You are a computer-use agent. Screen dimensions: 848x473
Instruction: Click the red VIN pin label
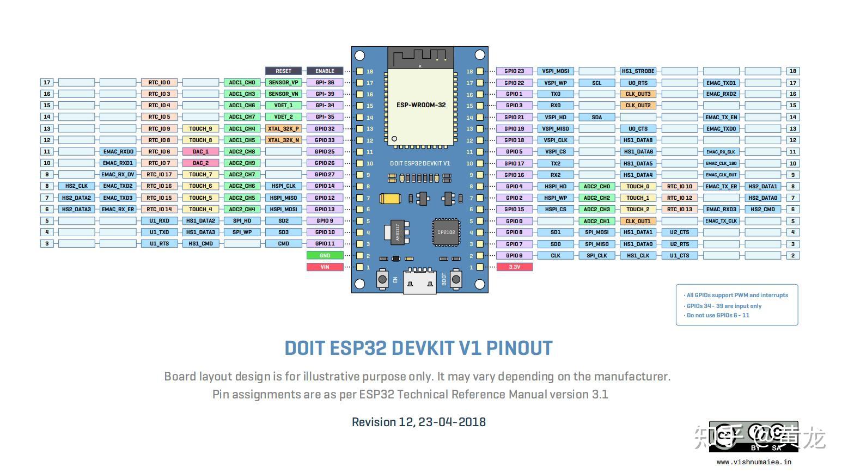pyautogui.click(x=325, y=267)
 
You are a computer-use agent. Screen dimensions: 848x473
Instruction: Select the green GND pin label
pyautogui.click(x=325, y=255)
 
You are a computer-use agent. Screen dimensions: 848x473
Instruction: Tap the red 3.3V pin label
pyautogui.click(x=514, y=267)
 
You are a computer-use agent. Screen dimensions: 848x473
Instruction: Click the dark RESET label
pyautogui.click(x=283, y=71)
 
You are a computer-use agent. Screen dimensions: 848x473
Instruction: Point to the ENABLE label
pyautogui.click(x=325, y=71)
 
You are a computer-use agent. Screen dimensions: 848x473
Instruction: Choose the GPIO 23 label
pyautogui.click(x=514, y=71)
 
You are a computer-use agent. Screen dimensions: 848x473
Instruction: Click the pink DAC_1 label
pyautogui.click(x=200, y=151)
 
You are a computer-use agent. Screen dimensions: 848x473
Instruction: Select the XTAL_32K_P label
pyautogui.click(x=283, y=128)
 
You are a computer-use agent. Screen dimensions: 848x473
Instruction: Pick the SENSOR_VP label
pyautogui.click(x=283, y=83)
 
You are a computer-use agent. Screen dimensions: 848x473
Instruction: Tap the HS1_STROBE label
pyautogui.click(x=638, y=71)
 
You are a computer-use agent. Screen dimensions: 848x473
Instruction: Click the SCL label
pyautogui.click(x=597, y=83)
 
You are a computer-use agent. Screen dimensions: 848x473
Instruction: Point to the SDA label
pyautogui.click(x=597, y=117)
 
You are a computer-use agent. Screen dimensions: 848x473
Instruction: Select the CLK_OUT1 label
pyautogui.click(x=638, y=221)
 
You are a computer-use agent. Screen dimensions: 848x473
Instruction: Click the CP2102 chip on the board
pyautogui.click(x=446, y=232)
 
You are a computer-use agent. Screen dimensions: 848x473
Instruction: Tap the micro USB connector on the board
pyautogui.click(x=419, y=281)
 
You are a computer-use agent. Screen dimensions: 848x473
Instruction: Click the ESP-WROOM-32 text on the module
pyautogui.click(x=421, y=105)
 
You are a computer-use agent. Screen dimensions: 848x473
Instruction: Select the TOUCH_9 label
pyautogui.click(x=200, y=128)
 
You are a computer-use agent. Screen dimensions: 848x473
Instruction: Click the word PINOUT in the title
pyautogui.click(x=519, y=348)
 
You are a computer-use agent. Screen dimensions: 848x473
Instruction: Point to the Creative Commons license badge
pyautogui.click(x=753, y=437)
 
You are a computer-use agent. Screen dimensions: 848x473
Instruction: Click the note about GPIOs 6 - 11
pyautogui.click(x=718, y=315)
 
